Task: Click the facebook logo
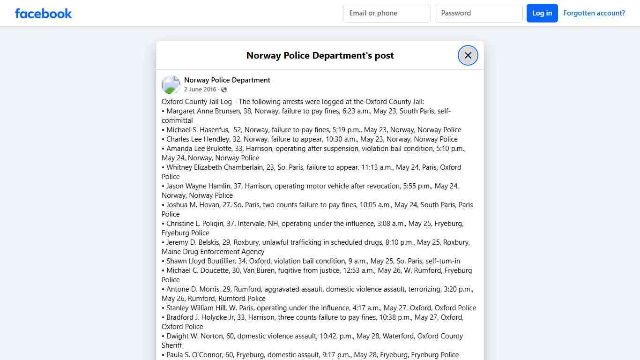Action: point(44,13)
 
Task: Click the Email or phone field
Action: point(387,13)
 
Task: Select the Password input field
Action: point(478,13)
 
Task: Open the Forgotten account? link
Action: point(594,13)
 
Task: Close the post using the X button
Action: point(468,55)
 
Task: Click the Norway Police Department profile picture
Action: point(171,85)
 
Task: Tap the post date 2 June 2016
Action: point(200,90)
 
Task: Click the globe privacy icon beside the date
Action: point(224,90)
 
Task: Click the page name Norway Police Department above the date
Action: point(227,80)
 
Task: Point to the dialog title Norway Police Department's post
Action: point(320,55)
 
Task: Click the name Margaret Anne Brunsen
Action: point(203,111)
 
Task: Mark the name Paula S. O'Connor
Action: point(194,355)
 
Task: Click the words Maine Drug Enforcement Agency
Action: point(213,252)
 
